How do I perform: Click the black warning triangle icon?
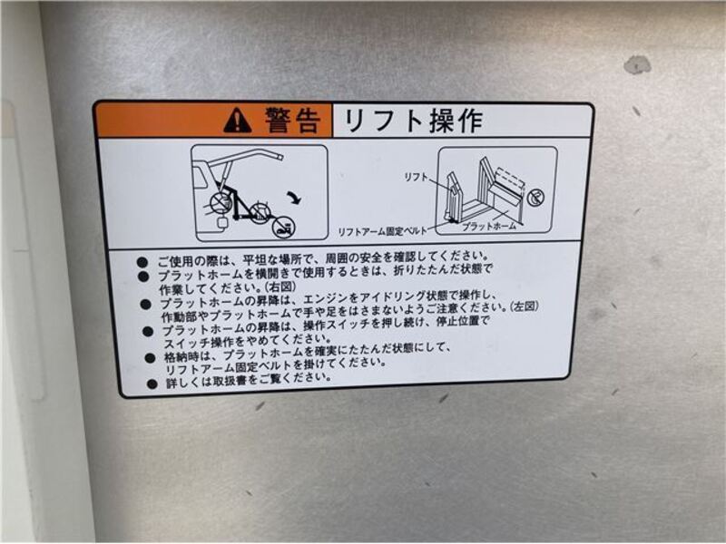(238, 121)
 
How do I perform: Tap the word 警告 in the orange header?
(292, 121)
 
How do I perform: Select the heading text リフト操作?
(414, 121)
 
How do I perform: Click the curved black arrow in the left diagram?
(294, 198)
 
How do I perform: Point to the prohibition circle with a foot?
(282, 228)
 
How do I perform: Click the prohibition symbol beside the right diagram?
(535, 198)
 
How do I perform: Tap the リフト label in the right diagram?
(417, 177)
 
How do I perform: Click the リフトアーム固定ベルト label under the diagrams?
(382, 231)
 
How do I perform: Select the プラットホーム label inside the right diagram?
(489, 226)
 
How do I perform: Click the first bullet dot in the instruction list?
(142, 262)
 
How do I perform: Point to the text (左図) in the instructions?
(524, 306)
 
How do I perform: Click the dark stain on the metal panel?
(637, 64)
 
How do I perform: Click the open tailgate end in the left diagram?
(277, 155)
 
